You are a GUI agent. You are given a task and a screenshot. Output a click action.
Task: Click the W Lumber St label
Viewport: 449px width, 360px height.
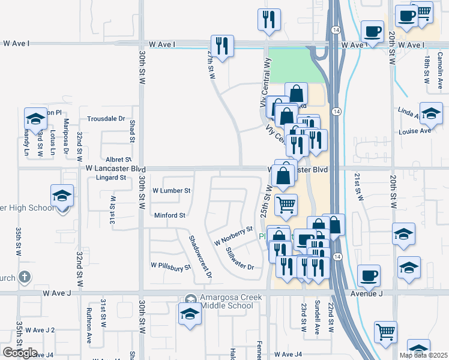171,190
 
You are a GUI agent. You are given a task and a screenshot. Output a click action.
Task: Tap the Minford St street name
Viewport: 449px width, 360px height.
170,215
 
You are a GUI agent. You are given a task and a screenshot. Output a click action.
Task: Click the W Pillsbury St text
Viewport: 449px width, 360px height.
170,265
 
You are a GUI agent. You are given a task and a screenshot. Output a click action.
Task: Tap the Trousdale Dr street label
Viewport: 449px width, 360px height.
106,119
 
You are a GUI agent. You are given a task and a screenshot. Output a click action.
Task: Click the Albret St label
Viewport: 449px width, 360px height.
118,160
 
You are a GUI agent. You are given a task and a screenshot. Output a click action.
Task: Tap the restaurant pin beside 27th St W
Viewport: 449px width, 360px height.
222,46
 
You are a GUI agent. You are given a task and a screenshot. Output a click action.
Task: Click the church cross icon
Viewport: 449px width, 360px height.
23,277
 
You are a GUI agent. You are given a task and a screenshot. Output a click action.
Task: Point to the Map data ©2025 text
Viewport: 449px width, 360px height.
423,355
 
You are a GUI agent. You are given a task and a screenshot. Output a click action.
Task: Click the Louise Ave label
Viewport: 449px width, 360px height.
415,131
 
